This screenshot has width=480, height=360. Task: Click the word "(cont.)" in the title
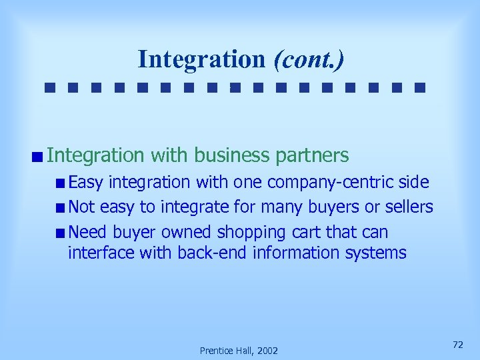(x=309, y=59)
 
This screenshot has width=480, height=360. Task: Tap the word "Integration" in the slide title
(x=201, y=59)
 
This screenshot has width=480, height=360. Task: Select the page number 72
(x=457, y=344)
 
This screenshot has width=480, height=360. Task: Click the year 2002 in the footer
(x=265, y=351)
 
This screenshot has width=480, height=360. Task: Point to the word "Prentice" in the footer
(x=215, y=351)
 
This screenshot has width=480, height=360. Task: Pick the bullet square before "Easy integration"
(x=61, y=183)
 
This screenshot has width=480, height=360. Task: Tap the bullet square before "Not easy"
(x=61, y=207)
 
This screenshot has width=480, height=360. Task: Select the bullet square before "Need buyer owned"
(x=61, y=233)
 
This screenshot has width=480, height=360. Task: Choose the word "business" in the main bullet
(x=231, y=156)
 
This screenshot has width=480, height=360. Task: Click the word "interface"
(x=96, y=253)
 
